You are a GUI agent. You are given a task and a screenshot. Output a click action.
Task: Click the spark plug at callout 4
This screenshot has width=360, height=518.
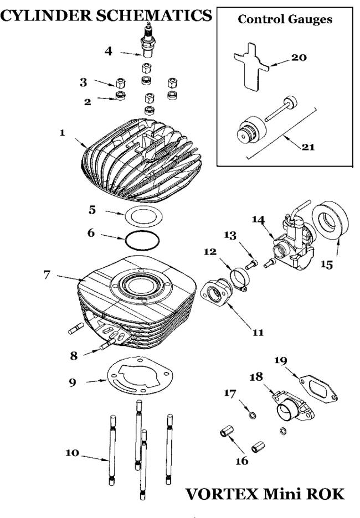coord(148,40)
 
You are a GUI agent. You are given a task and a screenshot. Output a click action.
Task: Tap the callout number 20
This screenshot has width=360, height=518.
coord(299,58)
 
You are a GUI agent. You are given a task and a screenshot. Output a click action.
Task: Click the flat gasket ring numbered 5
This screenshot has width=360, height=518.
coord(143,216)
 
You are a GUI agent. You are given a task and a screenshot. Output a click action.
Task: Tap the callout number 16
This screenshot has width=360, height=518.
coord(241,460)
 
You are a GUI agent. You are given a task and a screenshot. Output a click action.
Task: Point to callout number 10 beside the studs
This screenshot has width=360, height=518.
coord(72,453)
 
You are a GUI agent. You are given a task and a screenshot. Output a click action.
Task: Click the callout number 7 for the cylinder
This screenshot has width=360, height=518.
coord(47,274)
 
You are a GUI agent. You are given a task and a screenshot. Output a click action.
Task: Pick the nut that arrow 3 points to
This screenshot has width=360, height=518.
coord(121,82)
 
